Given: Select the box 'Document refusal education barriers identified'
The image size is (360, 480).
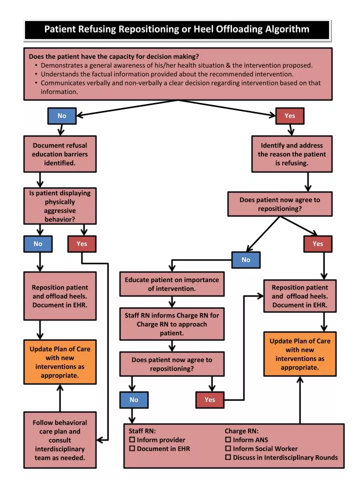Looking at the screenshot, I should [x=59, y=154].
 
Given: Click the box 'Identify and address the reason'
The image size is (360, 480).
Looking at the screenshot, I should [x=291, y=154].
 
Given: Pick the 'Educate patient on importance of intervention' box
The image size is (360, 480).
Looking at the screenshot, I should [x=171, y=284].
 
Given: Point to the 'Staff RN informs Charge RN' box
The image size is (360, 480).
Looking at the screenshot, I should [x=171, y=324].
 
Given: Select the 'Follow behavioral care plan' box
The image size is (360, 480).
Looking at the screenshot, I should [x=59, y=439].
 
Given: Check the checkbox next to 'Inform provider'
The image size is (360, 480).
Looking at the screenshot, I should [x=132, y=440].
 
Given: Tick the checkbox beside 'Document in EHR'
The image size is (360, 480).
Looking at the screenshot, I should [x=132, y=448].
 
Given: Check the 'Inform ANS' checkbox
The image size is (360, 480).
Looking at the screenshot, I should [x=228, y=440].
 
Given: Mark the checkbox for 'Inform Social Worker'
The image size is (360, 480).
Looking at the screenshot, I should [x=228, y=448].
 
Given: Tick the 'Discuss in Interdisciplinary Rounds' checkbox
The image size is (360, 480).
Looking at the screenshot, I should [x=228, y=457].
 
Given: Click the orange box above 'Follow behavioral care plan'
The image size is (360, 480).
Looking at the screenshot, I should [x=59, y=362].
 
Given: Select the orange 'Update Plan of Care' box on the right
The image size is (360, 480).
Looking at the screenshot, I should [x=300, y=354].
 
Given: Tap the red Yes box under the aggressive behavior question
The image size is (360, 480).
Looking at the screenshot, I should [x=81, y=244].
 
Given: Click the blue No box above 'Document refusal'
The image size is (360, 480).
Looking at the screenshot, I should [x=61, y=116].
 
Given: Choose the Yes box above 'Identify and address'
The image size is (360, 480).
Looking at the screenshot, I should [x=289, y=116].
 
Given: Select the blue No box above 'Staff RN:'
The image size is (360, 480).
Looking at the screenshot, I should [x=133, y=399].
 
